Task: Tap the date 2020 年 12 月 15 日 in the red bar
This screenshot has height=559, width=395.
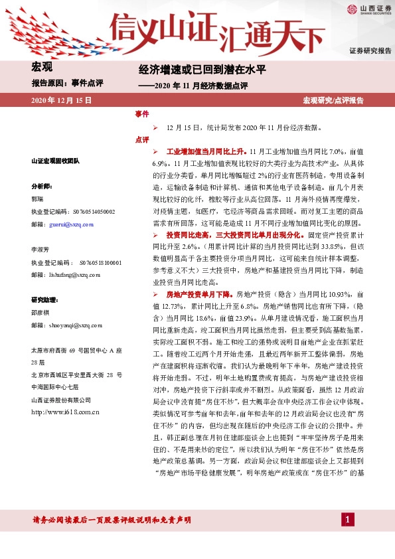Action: [x=61, y=100]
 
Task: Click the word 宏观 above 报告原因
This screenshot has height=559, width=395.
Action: [x=42, y=66]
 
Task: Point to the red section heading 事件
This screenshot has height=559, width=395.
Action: [x=141, y=114]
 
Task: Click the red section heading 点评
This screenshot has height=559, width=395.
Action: [x=141, y=139]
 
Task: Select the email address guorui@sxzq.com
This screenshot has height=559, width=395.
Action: [x=72, y=225]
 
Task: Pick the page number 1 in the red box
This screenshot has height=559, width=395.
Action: [x=346, y=519]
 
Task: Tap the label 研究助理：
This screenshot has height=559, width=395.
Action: [x=46, y=300]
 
